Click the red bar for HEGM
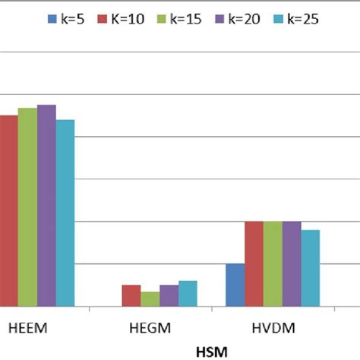click(x=131, y=295)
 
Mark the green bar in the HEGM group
click(x=150, y=298)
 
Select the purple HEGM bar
click(x=169, y=295)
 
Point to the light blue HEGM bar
click(x=188, y=293)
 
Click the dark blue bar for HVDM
click(x=235, y=285)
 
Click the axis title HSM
click(x=212, y=352)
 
